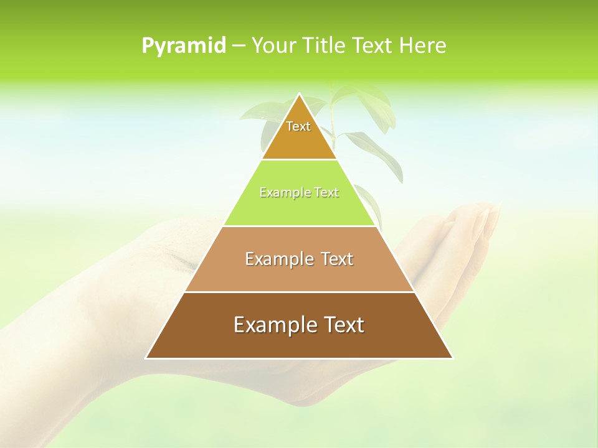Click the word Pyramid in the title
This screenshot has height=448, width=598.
point(184,46)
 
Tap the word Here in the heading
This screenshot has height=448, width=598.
point(423,46)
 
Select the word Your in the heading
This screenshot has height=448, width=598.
point(273,46)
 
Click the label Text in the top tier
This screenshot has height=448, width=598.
point(298,126)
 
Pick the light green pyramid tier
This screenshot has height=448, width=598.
point(299,208)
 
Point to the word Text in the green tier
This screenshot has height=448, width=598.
point(326,193)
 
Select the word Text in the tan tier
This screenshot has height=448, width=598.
point(337,259)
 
